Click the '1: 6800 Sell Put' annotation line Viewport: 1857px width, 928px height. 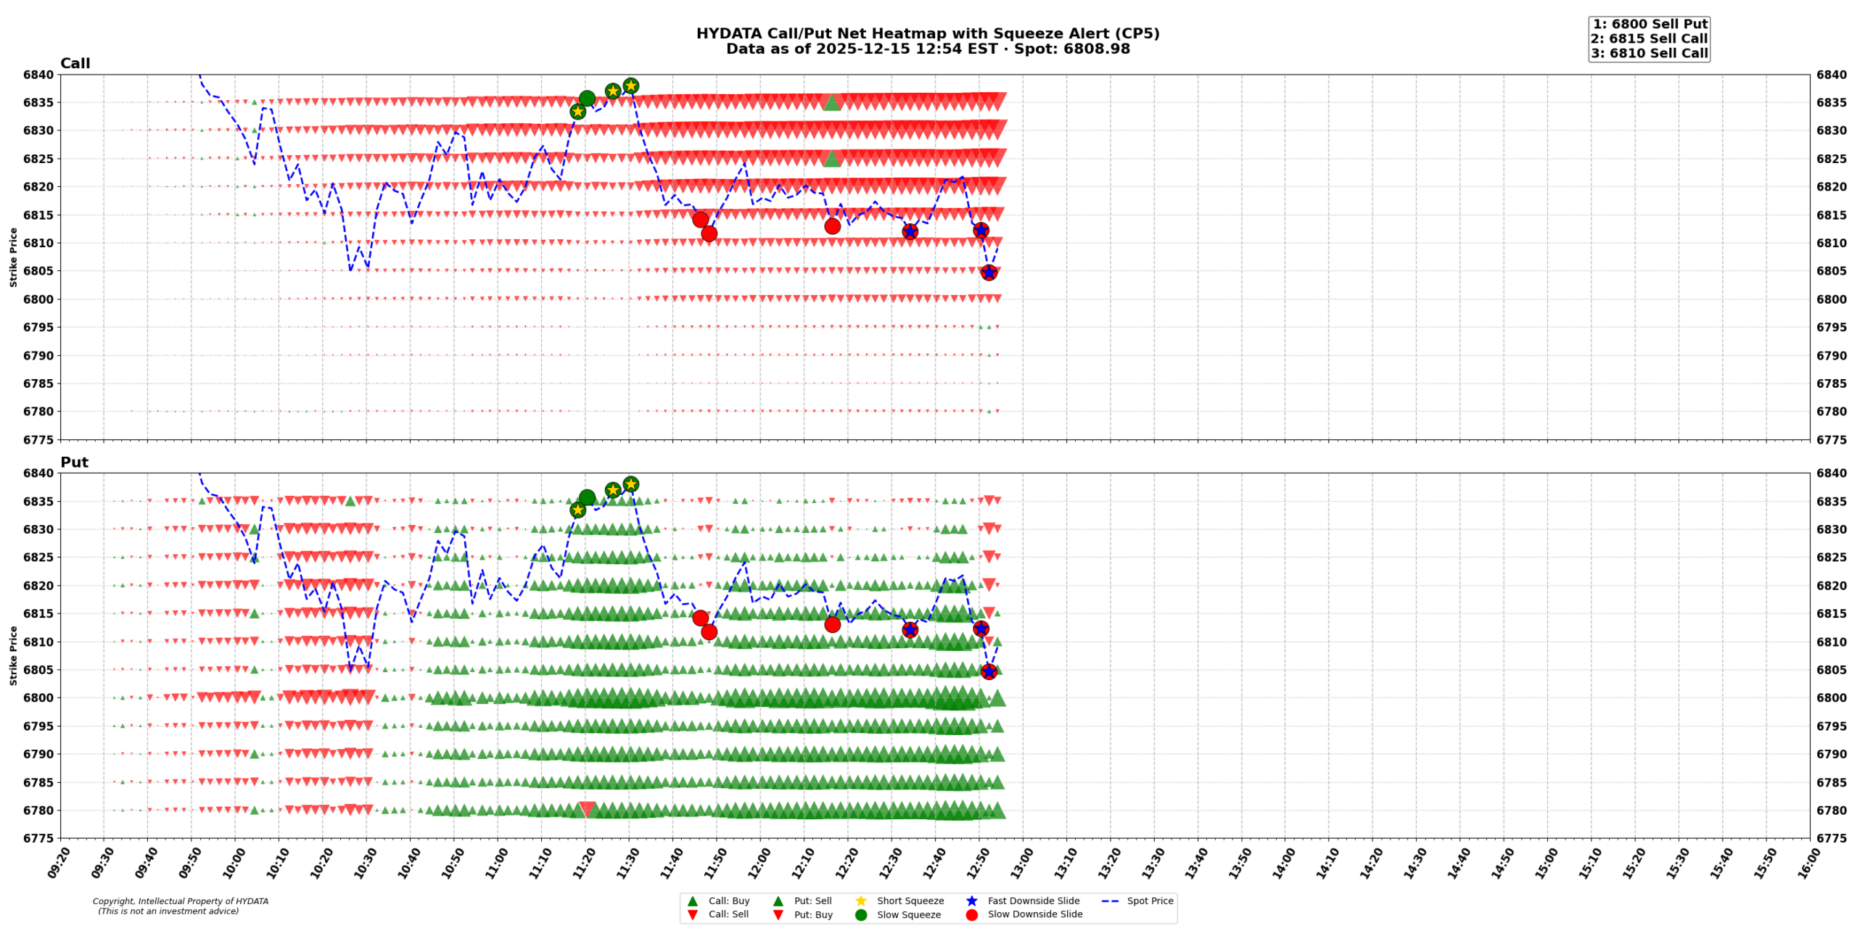(x=1649, y=24)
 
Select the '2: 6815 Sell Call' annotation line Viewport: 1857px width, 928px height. (x=1649, y=38)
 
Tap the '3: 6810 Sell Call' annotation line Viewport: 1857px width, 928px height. (x=1649, y=53)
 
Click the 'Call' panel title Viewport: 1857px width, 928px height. (x=75, y=64)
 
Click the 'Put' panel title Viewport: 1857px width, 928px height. (x=74, y=463)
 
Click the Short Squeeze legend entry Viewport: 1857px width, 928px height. (x=910, y=901)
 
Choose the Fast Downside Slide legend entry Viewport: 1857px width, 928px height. (x=1033, y=901)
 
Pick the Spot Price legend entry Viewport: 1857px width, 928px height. (x=1150, y=901)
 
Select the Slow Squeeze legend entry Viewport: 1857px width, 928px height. (x=908, y=915)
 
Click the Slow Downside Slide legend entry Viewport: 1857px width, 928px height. (x=1034, y=915)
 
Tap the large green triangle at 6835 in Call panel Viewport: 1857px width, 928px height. (x=832, y=102)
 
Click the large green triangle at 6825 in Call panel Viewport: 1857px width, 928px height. (x=832, y=158)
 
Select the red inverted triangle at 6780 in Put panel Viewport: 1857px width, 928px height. (x=587, y=809)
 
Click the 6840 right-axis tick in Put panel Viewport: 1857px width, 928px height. (x=1831, y=473)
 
